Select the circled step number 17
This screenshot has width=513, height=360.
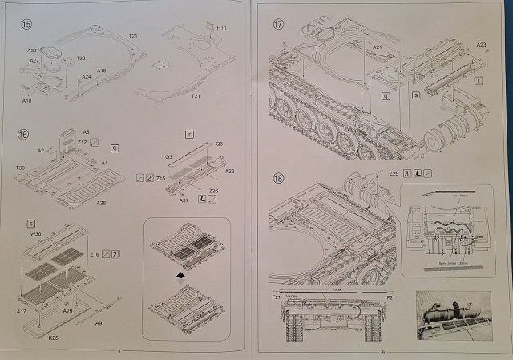277,25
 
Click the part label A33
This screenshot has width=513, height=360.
31,50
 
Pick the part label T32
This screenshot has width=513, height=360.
81,58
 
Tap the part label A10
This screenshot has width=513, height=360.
26,100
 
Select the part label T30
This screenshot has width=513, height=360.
20,168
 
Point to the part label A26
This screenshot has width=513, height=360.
101,204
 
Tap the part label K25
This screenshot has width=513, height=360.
53,338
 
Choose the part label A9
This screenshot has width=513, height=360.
97,323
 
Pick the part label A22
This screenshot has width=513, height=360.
230,171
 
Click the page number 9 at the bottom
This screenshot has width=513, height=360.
385,350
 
